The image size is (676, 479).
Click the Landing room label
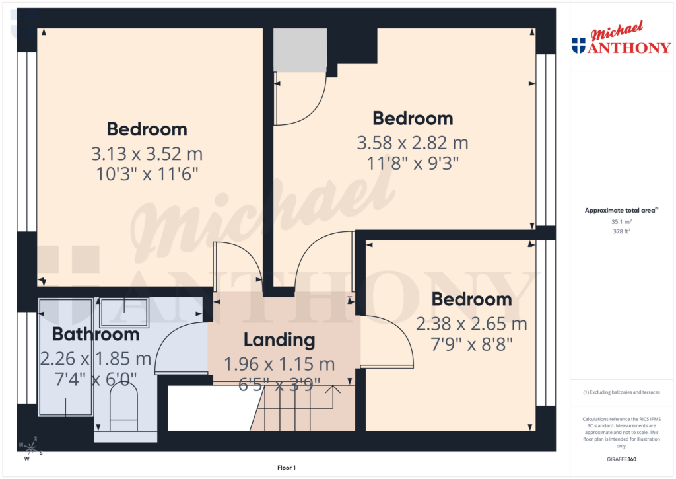click(279, 340)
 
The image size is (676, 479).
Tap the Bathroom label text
click(96, 334)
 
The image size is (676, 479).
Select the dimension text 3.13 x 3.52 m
click(147, 155)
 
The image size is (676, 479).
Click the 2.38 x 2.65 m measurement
click(471, 324)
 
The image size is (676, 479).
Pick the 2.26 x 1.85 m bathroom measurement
click(96, 359)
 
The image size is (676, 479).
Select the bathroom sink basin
click(124, 308)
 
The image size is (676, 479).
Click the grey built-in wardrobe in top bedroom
click(300, 50)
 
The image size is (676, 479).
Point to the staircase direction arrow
click(334, 390)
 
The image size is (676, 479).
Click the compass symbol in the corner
click(30, 449)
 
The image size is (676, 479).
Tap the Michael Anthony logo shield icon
click(578, 45)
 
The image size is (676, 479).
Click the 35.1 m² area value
click(621, 222)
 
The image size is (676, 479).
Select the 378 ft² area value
click(621, 231)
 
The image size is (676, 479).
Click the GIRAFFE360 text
click(621, 459)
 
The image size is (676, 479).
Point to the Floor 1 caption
click(287, 468)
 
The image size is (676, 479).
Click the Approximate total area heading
click(620, 211)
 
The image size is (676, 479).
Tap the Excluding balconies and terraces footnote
click(621, 392)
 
